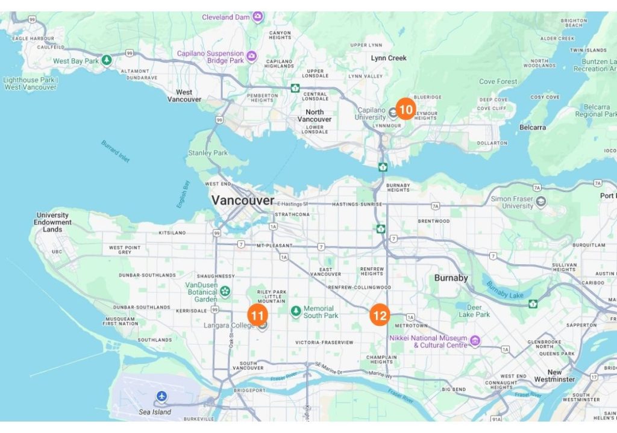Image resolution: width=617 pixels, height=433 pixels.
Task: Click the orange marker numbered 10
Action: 406,110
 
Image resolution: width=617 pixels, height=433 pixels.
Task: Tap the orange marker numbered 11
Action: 257,315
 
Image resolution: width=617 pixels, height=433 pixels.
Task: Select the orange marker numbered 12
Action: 380,315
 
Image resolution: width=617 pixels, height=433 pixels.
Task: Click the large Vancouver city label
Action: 242,200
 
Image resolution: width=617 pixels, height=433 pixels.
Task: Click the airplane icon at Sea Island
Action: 161,396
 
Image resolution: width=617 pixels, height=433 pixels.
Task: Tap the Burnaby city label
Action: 451,278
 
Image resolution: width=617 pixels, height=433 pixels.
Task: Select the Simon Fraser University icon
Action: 541,201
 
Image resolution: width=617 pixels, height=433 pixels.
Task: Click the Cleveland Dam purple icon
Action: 258,16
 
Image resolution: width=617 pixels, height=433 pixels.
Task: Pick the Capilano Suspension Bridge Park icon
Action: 251,57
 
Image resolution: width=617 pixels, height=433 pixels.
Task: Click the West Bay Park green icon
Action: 107,60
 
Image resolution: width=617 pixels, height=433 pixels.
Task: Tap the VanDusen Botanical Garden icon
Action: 225,291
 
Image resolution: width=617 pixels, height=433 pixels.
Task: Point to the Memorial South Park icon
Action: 296,311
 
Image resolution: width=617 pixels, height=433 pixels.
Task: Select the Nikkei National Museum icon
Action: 475,341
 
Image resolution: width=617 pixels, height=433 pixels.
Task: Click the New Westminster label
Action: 554,376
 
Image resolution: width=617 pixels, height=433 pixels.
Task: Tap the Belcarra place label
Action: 533,127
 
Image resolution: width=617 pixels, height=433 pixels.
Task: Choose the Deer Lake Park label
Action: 474,310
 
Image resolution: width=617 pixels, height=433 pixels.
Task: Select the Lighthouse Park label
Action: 30,83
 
